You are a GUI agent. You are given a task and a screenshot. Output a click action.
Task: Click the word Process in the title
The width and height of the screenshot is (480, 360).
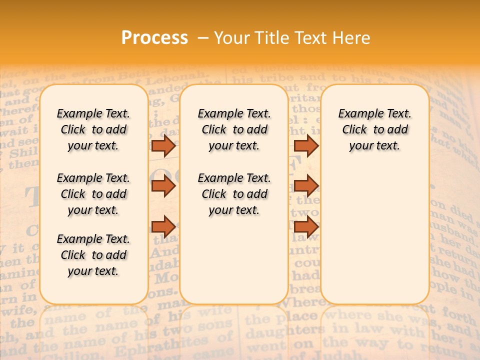coord(154,37)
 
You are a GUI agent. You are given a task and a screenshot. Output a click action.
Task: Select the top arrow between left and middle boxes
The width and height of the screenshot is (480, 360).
coord(163,145)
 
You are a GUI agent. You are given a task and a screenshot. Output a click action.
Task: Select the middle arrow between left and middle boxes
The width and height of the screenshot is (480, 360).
coord(163,186)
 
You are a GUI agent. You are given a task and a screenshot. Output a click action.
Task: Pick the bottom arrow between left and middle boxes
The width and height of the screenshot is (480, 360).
coord(163,226)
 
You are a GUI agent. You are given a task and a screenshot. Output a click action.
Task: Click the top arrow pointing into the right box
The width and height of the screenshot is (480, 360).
coord(306,145)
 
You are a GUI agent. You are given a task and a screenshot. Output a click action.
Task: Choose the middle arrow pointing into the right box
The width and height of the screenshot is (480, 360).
coord(306,186)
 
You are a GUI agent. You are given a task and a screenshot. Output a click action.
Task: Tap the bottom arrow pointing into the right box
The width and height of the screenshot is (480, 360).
coord(306,226)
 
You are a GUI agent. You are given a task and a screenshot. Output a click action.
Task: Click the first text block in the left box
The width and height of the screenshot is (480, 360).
coord(93,129)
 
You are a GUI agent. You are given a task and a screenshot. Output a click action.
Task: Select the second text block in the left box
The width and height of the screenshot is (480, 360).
coord(93,194)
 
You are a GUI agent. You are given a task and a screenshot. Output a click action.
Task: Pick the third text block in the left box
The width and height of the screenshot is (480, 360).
coord(93,255)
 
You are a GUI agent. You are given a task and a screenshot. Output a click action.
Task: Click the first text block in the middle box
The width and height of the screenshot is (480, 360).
coord(234,129)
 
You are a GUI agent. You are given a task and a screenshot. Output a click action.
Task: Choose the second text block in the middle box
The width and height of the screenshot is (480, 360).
coord(234,194)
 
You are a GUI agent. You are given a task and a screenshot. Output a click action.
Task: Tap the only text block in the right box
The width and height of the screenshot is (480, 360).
coord(374,129)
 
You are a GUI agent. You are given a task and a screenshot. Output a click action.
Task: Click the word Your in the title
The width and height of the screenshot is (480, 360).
coord(233,37)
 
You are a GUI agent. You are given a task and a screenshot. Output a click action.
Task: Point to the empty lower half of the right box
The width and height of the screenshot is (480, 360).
coord(374,240)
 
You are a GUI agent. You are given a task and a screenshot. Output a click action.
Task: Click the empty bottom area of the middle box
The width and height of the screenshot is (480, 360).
coord(234,265)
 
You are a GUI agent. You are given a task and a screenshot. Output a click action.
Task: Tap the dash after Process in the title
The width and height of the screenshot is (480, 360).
coord(203,37)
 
